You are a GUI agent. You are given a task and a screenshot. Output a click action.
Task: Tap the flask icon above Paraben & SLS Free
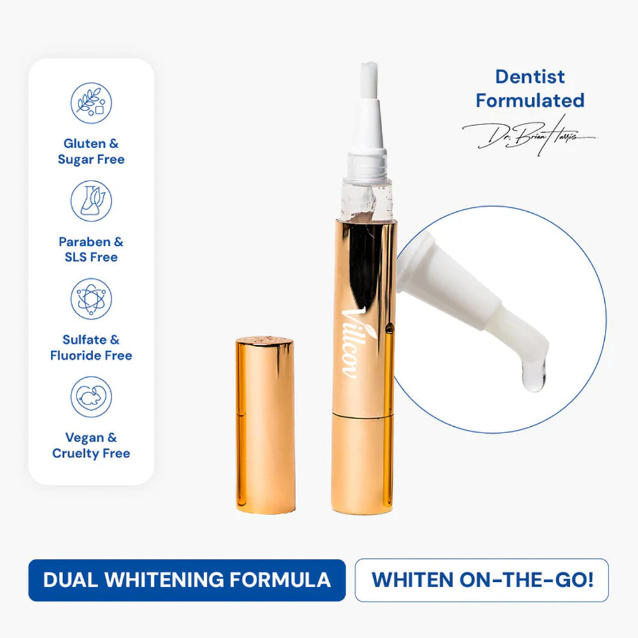91,201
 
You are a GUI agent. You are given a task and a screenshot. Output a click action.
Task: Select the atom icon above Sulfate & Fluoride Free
91,299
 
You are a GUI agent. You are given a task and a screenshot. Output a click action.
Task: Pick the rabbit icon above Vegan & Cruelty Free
91,396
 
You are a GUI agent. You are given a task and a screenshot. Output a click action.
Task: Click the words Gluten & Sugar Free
91,152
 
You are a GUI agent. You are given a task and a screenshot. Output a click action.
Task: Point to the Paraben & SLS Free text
91,249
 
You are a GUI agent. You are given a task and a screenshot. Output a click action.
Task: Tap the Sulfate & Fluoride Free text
91,347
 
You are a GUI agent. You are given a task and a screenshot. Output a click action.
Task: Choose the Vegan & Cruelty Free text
91,445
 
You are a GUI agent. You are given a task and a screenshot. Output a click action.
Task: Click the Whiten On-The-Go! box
482,580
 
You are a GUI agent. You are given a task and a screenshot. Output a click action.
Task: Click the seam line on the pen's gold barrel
364,413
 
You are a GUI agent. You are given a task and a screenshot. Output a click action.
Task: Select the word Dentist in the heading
530,77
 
